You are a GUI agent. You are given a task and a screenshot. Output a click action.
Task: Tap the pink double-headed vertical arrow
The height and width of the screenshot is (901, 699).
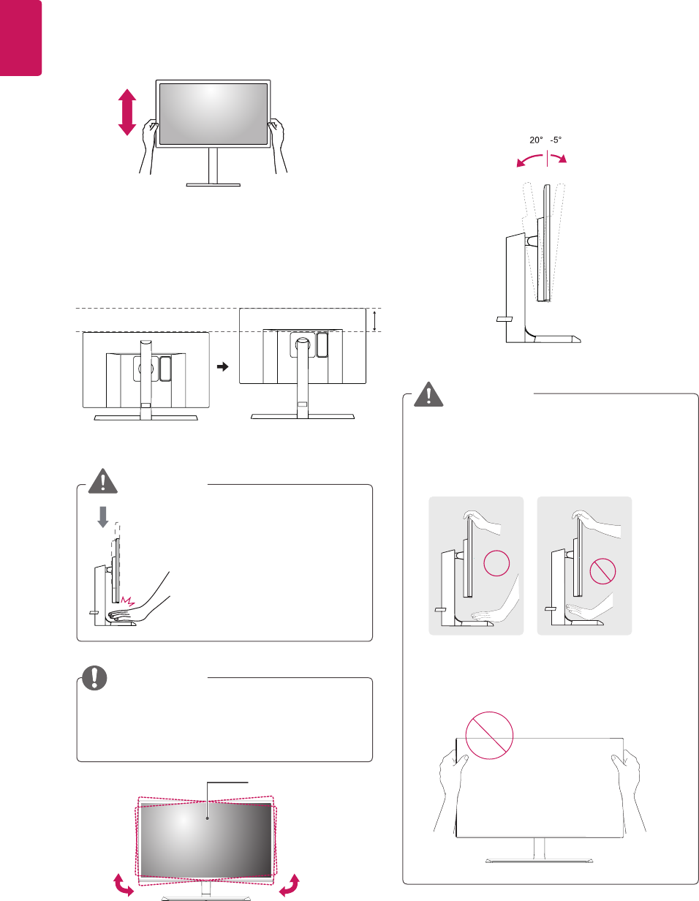[127, 112]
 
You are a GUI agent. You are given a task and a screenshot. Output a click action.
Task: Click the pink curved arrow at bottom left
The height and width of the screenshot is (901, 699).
[121, 885]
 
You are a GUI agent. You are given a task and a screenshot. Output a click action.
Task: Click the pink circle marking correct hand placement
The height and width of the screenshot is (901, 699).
[495, 566]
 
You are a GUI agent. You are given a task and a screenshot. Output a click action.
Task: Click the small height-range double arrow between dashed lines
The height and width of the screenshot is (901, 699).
[375, 320]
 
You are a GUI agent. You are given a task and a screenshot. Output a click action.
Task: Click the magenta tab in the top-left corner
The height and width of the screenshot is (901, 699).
[20, 37]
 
